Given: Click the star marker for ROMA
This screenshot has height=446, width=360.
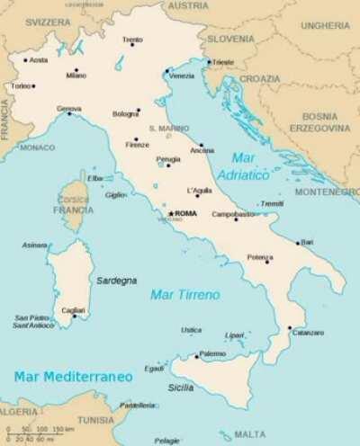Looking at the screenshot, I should (x=170, y=213).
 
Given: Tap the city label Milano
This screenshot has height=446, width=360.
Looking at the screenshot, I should (x=76, y=76).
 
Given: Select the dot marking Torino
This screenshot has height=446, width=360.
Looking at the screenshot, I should (x=33, y=86).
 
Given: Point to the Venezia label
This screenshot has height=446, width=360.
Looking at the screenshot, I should (x=181, y=76).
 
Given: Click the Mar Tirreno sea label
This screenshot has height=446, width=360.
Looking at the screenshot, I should (x=184, y=294).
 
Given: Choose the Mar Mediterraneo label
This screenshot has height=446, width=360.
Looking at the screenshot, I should (x=73, y=375).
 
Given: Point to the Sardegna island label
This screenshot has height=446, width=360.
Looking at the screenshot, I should (x=117, y=281).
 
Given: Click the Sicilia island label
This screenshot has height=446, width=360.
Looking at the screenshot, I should (x=180, y=388).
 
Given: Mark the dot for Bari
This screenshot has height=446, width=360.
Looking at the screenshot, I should (x=298, y=243).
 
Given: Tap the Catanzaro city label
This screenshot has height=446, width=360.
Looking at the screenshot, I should (x=308, y=333).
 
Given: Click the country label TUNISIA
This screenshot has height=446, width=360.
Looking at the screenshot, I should (x=95, y=420).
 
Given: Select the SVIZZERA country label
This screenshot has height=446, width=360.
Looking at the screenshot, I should (x=47, y=20).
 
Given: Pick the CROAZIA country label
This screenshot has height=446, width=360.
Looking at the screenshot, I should (x=259, y=78).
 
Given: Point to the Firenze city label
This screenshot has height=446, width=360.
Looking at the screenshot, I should (x=138, y=145).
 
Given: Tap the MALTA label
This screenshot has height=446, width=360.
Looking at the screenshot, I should (x=249, y=434).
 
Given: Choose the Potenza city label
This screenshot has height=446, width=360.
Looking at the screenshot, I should (x=260, y=257).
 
